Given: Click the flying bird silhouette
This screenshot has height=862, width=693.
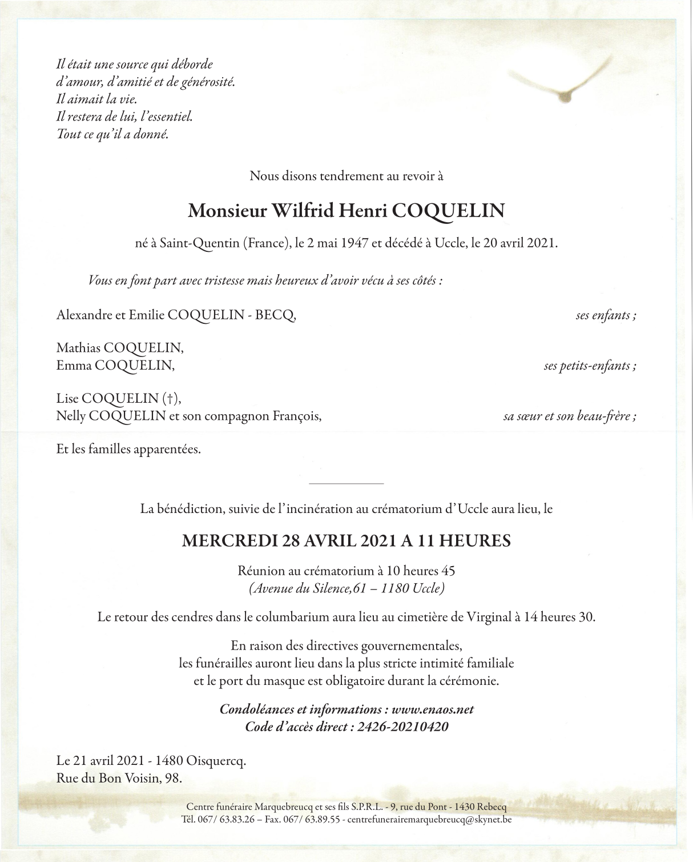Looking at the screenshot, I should tap(562, 86).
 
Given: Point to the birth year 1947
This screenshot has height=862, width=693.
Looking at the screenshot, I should tap(354, 243).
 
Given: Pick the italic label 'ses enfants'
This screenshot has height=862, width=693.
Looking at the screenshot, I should tap(605, 315).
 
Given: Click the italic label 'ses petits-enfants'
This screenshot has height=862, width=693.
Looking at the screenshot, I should tap(590, 366).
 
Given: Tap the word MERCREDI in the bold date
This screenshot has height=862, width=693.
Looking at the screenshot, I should tap(230, 540).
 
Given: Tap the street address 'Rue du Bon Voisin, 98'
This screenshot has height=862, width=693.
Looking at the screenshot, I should tap(119, 778).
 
